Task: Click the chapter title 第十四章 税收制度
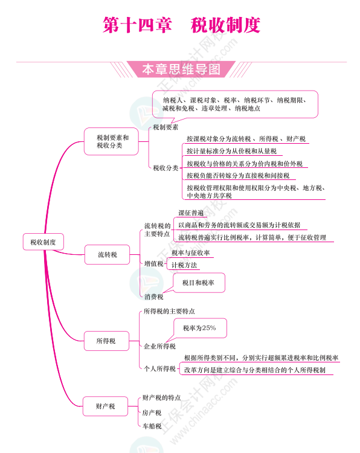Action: coord(181,25)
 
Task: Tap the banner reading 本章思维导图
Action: coord(181,69)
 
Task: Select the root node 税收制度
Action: coord(43,242)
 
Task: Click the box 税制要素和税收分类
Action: coord(111,141)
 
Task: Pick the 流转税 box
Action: coord(107,254)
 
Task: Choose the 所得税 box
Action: coord(106,341)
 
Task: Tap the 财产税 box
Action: coord(105,406)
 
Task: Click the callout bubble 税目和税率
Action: coord(199,283)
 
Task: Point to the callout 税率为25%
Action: coord(200,328)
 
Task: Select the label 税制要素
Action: coord(166,127)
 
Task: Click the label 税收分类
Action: coord(166,168)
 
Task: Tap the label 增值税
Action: coord(153,263)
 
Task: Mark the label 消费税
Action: coord(153,297)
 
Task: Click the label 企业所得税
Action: coord(159,346)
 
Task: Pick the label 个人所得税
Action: coord(159,368)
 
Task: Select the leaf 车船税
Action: coord(152,426)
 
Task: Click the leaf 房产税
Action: coord(152,413)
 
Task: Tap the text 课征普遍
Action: coord(191,213)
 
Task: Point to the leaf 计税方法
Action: coord(184,265)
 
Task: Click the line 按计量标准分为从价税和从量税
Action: coord(232,151)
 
